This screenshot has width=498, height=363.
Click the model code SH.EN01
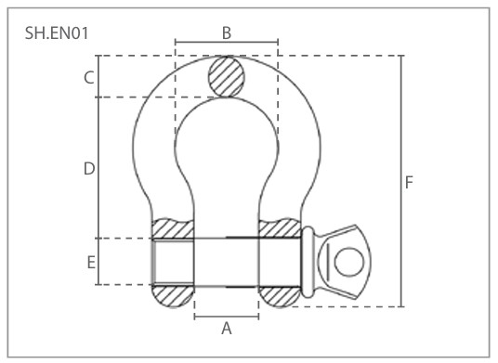[58, 33]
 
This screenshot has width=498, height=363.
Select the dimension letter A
[226, 329]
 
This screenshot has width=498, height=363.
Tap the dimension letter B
[226, 32]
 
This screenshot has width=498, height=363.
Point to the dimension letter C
[89, 77]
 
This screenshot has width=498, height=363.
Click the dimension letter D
[88, 169]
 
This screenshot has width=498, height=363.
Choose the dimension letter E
[91, 263]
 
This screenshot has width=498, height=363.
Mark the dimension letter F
[409, 183]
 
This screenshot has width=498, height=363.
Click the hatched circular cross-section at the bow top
[227, 76]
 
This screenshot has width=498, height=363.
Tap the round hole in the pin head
[348, 262]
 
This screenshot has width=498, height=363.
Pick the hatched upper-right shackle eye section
[279, 227]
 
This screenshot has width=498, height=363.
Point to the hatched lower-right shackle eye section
[279, 296]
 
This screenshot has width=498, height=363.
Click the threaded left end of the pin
[172, 262]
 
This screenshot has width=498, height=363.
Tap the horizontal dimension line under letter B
[226, 43]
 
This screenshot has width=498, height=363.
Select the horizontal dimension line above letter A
[226, 317]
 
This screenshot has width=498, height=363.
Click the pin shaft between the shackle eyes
[226, 262]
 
